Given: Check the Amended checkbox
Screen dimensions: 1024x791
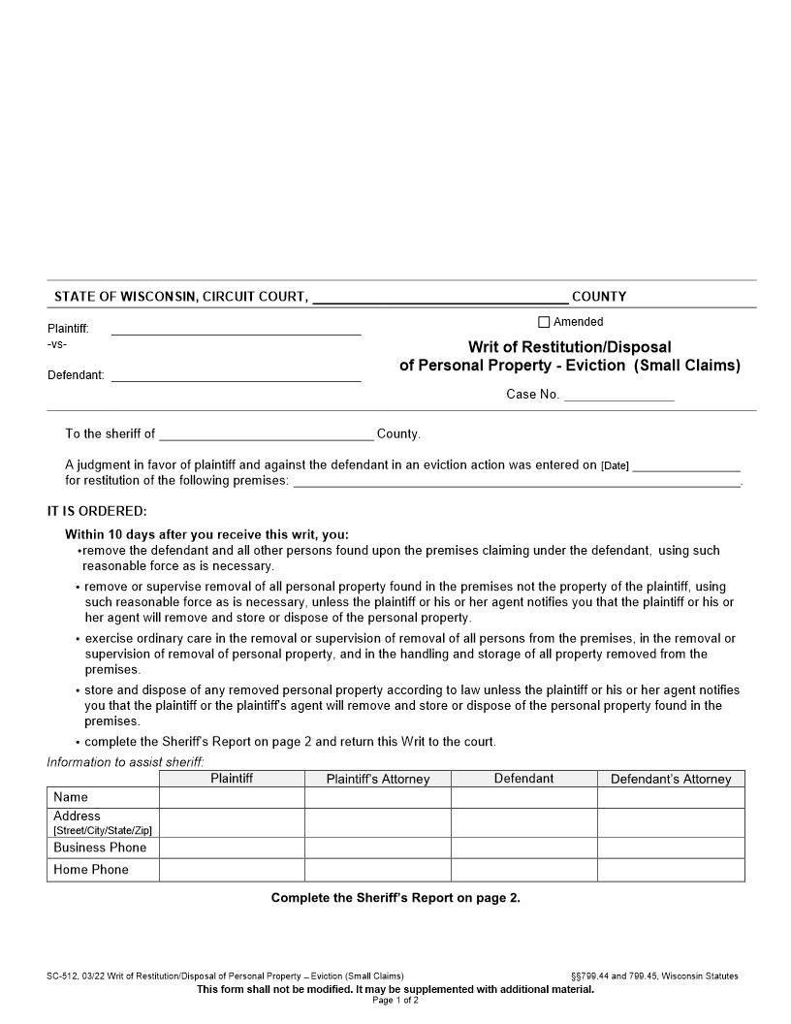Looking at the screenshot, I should (x=544, y=322).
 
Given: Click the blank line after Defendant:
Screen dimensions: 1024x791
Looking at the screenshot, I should (x=236, y=374).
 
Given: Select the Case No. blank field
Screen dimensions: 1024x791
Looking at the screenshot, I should (x=618, y=394).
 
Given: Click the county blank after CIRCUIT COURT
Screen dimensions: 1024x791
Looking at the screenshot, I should (x=440, y=296).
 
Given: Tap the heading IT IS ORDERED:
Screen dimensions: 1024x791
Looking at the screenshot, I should (x=97, y=511).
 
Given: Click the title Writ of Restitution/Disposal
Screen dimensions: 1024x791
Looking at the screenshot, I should (x=569, y=346).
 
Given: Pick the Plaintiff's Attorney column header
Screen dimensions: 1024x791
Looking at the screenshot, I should (x=378, y=779).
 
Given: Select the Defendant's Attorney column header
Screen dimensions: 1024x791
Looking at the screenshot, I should (x=671, y=779).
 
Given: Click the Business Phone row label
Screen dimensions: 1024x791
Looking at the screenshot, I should (x=100, y=848).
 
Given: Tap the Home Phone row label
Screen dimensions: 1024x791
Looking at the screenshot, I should (x=91, y=870).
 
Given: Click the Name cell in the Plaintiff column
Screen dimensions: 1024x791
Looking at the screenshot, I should (x=232, y=797).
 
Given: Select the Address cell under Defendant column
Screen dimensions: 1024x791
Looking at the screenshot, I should (x=523, y=822).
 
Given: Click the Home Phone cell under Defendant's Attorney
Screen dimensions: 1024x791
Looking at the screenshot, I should (x=671, y=870).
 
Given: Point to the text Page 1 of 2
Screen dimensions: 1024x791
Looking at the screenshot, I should (x=395, y=1000).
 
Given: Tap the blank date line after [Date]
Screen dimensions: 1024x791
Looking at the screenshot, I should (x=685, y=464).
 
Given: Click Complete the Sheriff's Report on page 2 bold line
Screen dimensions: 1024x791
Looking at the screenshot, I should (x=395, y=898).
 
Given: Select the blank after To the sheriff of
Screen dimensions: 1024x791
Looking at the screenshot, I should (x=266, y=433).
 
